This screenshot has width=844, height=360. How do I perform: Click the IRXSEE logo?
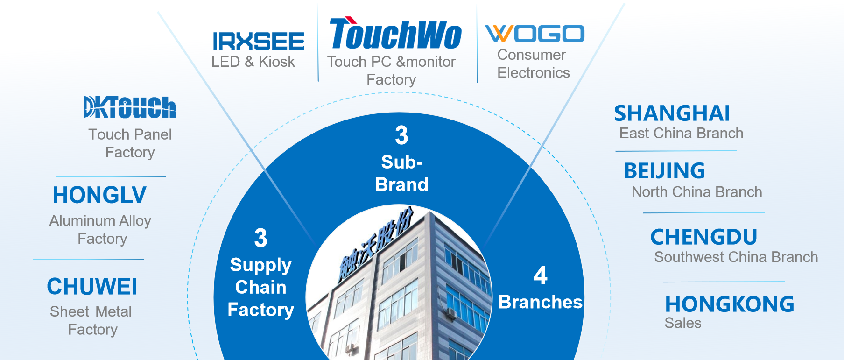259,42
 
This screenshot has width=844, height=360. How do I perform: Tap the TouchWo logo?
395,33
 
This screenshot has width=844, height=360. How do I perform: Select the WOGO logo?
535,34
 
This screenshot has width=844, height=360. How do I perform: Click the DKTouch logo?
129,107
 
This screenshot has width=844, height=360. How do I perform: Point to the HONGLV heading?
99,195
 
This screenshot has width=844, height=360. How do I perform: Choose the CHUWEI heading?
92,287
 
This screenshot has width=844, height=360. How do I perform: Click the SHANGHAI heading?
672,113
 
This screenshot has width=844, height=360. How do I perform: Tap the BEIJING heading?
664,171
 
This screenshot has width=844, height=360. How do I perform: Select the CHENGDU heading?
703,237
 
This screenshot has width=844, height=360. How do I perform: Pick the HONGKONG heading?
730,304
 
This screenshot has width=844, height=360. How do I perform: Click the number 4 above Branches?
541,275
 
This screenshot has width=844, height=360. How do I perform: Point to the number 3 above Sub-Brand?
401,135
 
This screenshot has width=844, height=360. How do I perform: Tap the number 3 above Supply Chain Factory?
261,238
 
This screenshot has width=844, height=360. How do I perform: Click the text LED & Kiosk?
253,62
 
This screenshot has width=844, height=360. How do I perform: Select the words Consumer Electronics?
534,64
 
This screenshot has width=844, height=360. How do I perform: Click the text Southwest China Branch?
736,257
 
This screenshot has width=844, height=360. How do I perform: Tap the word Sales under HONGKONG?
683,323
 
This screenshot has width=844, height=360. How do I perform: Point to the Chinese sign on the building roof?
376,245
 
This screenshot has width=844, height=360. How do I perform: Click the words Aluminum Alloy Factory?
100,230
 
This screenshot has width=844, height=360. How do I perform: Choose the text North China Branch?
697,192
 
